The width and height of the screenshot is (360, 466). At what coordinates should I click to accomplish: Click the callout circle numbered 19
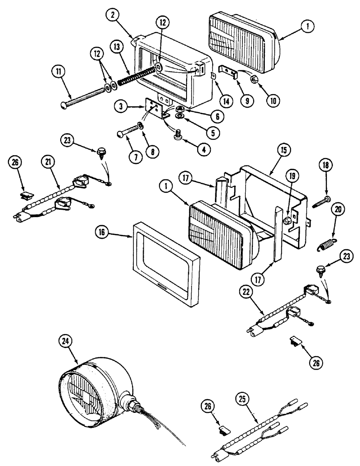pos(291,176)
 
